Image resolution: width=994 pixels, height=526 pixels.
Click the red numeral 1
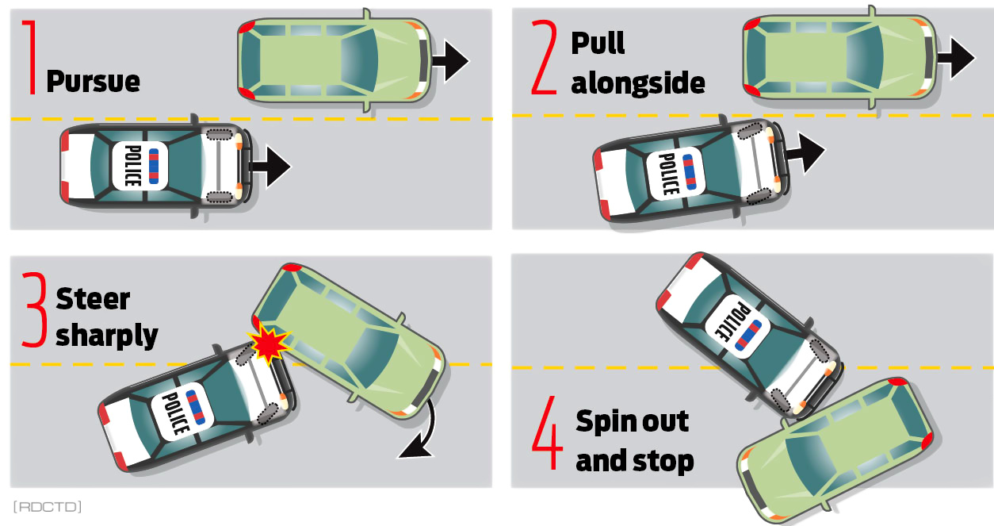(x=30, y=57)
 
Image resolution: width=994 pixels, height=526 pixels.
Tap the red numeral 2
(x=545, y=57)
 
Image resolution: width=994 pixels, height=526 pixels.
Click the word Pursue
(x=93, y=82)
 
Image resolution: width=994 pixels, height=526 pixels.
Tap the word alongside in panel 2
(x=637, y=83)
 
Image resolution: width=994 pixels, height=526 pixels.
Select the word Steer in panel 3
(x=93, y=299)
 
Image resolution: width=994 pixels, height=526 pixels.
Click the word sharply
(x=106, y=336)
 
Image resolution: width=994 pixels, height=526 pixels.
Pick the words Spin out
(x=632, y=421)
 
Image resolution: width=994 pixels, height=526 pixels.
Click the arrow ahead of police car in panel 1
(x=271, y=167)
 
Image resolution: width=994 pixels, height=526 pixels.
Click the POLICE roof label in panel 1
(x=133, y=166)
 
